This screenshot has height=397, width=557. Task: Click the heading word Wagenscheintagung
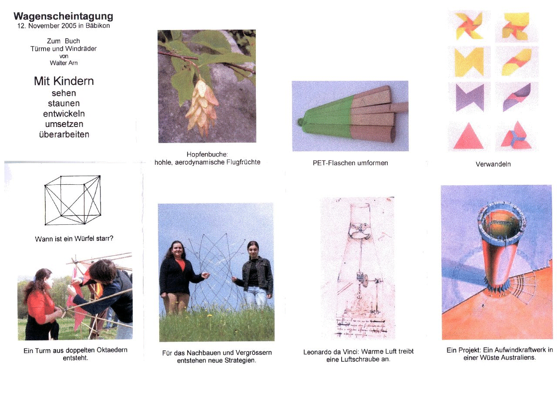coord(63,17)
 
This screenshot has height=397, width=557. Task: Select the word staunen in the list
coord(64,103)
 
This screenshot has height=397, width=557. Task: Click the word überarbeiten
coord(64,134)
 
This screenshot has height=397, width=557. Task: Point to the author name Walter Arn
coord(64,63)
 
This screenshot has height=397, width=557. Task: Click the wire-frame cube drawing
coord(73,200)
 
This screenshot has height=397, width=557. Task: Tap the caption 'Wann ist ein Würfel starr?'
coord(74,239)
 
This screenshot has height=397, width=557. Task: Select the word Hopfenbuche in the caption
coord(207,154)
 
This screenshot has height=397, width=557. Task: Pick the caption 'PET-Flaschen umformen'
coord(350,163)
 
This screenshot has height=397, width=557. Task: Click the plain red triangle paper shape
coord(468,137)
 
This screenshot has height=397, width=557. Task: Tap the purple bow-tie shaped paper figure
coord(470,97)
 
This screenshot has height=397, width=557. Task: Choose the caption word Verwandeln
coord(493,164)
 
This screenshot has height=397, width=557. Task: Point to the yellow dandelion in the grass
coord(209,316)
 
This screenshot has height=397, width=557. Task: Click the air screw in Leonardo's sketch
coord(358,231)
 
